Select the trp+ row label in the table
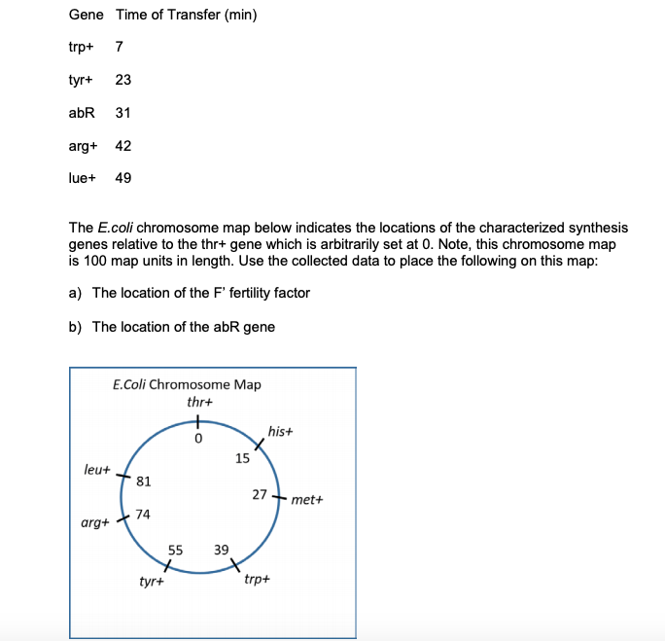(x=81, y=47)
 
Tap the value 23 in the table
(x=123, y=80)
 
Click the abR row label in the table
(x=82, y=113)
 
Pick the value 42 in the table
(x=123, y=146)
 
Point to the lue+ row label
(x=82, y=178)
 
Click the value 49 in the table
(x=123, y=178)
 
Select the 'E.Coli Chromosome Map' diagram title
(x=187, y=384)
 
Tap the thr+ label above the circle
(x=199, y=402)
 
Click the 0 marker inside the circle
(x=197, y=439)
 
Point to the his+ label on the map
(x=280, y=431)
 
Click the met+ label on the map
(x=305, y=500)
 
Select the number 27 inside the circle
(x=260, y=494)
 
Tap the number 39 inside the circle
(x=221, y=550)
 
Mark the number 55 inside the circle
(x=175, y=550)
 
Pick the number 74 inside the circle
(x=143, y=514)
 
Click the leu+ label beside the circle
(x=98, y=469)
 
